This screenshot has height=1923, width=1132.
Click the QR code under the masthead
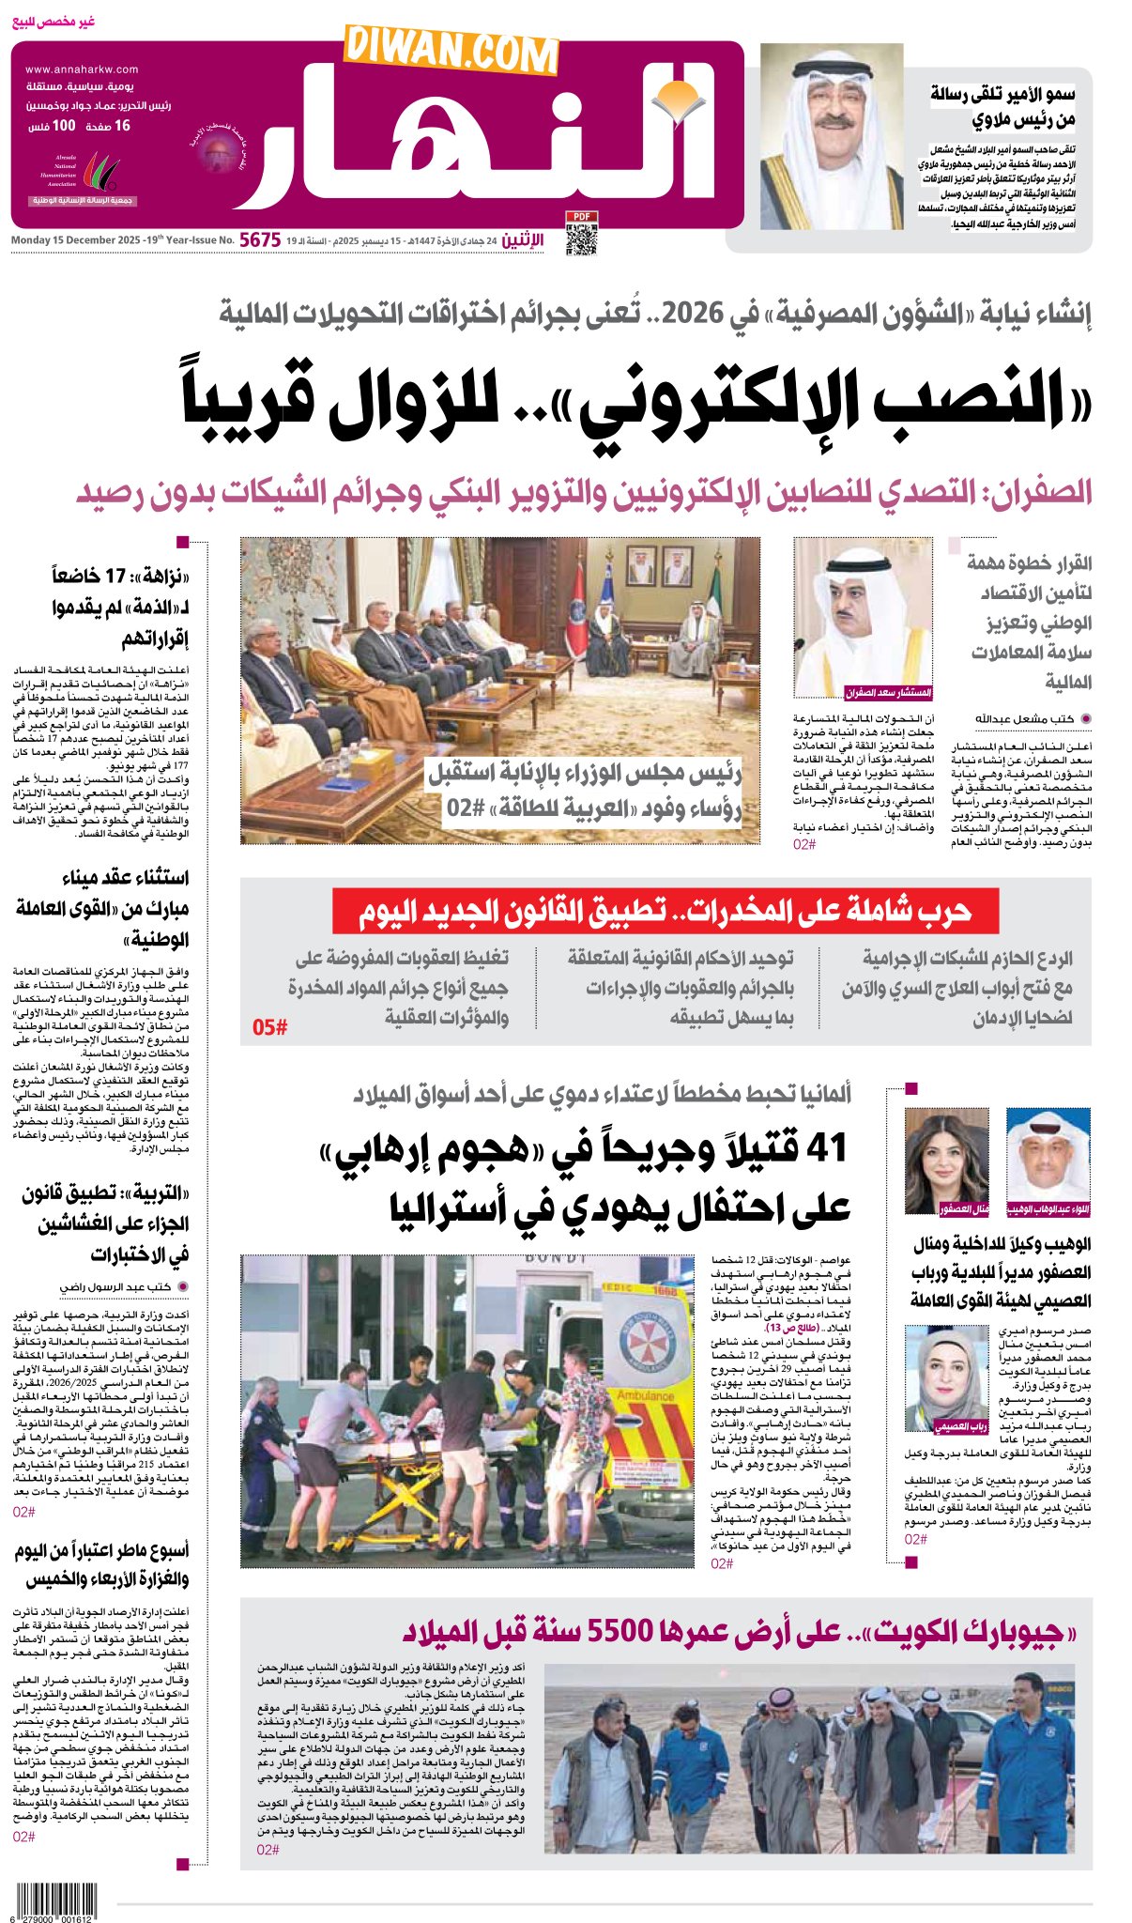581,239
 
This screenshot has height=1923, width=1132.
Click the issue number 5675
260,240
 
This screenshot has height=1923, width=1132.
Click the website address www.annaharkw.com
82,69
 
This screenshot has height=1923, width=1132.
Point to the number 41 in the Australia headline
827,1148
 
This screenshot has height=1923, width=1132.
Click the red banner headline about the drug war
665,911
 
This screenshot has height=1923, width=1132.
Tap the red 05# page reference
269,1027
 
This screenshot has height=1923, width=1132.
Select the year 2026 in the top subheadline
693,314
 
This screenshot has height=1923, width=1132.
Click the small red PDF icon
581,217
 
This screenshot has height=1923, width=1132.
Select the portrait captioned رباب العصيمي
946,1378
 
